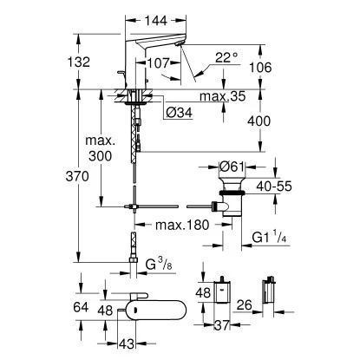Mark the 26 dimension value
click(246, 304)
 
